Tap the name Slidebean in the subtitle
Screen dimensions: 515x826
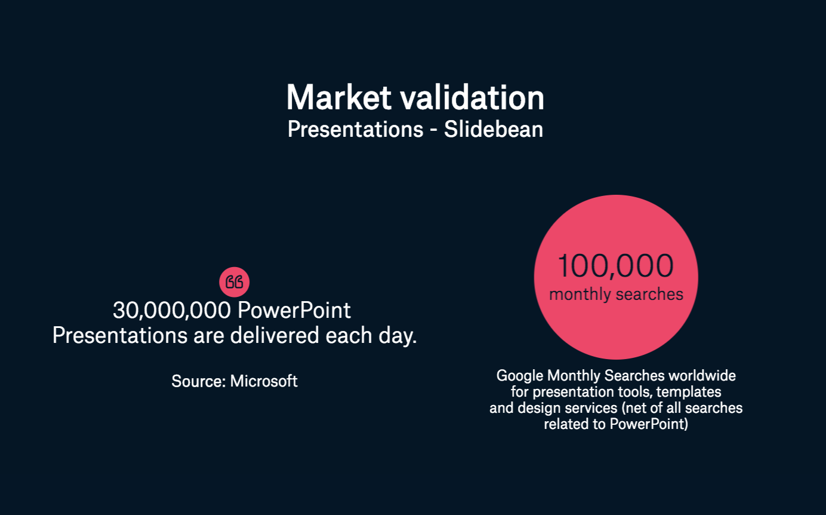(493, 129)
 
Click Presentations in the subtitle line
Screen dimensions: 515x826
(355, 129)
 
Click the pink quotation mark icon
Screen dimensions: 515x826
(234, 282)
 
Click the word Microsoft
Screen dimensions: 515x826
(264, 381)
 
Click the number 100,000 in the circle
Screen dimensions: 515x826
(615, 266)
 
